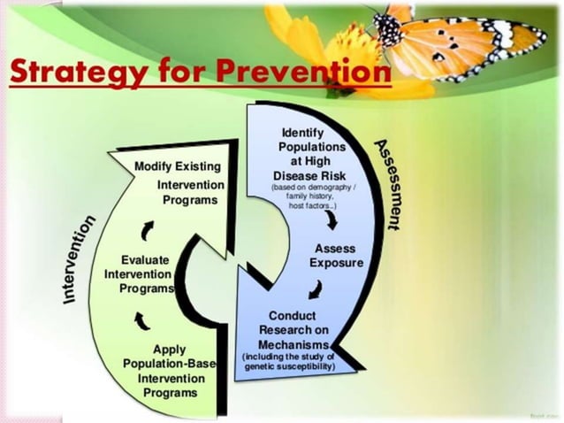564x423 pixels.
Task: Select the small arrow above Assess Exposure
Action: [330, 219]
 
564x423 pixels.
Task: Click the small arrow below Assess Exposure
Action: [315, 289]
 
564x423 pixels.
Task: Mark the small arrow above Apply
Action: [141, 319]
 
